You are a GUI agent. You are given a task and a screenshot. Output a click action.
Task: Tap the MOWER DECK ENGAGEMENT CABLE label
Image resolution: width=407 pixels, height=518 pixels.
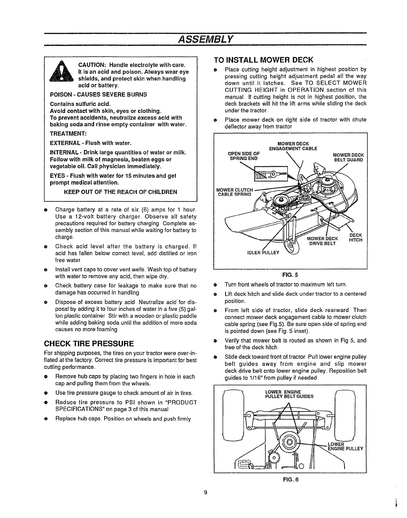[293, 146]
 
